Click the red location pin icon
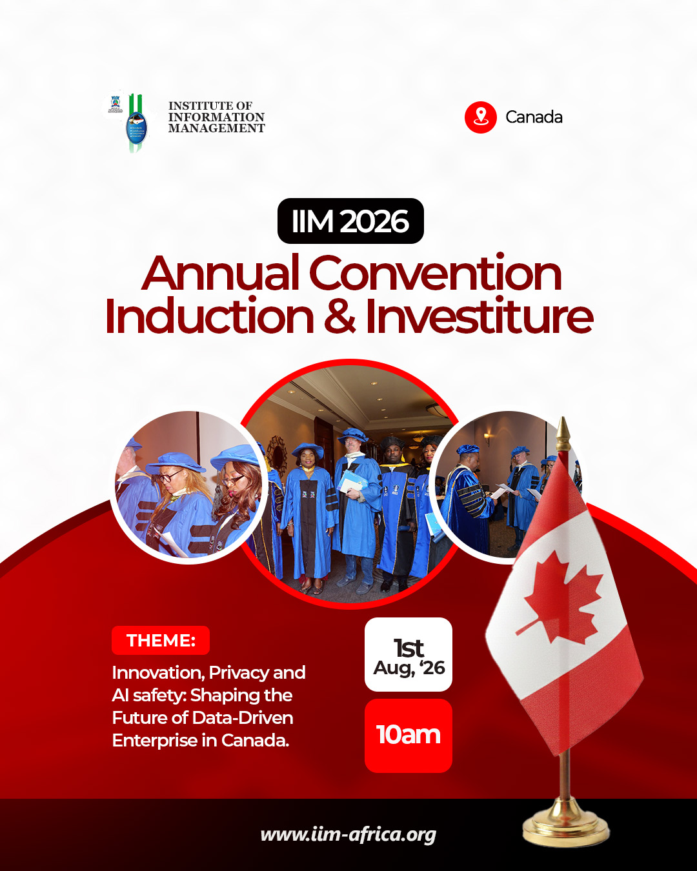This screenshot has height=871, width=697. pyautogui.click(x=481, y=117)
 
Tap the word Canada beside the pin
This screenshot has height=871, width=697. pyautogui.click(x=534, y=117)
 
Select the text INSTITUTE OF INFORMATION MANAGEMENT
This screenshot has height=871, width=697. pyautogui.click(x=216, y=117)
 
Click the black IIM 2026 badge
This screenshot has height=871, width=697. pyautogui.click(x=350, y=221)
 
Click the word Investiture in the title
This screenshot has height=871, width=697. pyautogui.click(x=479, y=317)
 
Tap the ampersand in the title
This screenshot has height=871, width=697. pyautogui.click(x=340, y=317)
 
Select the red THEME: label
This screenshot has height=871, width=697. pyautogui.click(x=161, y=641)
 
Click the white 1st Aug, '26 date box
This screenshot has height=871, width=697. pyautogui.click(x=409, y=655)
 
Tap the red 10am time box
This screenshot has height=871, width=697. pyautogui.click(x=409, y=736)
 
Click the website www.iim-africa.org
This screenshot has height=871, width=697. pyautogui.click(x=348, y=834)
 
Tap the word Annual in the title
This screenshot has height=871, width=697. pyautogui.click(x=221, y=274)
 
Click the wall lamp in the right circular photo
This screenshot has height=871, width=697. pyautogui.click(x=487, y=439)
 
